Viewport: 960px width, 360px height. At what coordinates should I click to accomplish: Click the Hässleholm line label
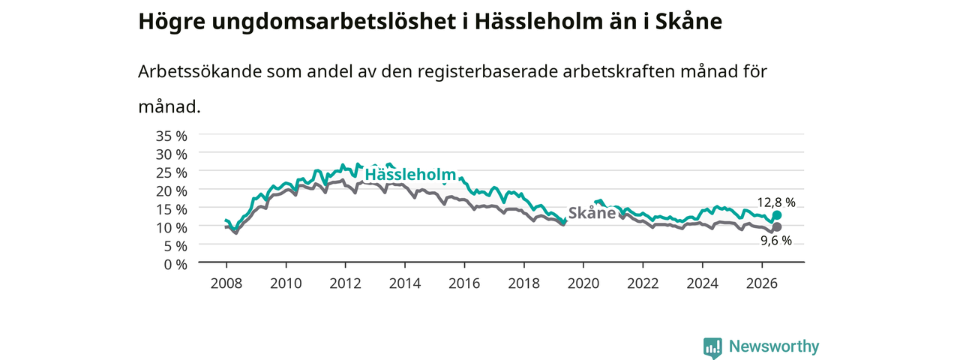pos(410,175)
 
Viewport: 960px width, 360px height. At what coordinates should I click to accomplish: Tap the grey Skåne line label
pos(592,212)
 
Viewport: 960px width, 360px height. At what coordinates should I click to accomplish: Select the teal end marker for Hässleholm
pos(776,215)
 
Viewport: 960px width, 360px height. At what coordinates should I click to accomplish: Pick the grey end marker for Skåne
pos(776,226)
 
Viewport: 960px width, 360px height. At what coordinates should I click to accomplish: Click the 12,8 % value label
pos(776,202)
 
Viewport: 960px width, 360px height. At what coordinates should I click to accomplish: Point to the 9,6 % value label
pos(776,241)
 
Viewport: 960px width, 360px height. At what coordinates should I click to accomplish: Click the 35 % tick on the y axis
pos(172,136)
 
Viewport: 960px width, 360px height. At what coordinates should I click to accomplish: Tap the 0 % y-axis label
pos(175,265)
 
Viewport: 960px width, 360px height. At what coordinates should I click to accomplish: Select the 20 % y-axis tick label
pos(172,191)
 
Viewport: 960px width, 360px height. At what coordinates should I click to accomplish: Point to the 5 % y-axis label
pos(175,246)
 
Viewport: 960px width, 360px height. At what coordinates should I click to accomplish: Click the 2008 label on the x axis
pos(226,283)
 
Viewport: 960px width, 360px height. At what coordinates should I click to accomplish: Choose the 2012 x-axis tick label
pos(346,283)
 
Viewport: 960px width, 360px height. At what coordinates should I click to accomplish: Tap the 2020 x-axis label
pos(583,283)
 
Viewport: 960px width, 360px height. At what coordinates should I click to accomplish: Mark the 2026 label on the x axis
pos(762,283)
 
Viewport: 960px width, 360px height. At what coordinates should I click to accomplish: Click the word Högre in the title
pos(172,22)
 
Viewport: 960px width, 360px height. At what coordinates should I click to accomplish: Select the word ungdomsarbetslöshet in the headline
pos(334,22)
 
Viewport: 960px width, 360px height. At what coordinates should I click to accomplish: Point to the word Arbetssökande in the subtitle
pos(199,71)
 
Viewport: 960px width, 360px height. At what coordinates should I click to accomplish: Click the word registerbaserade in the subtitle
pos(487,71)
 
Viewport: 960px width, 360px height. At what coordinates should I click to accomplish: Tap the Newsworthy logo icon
pos(712,347)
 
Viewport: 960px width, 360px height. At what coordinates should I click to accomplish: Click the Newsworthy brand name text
pos(774,346)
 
